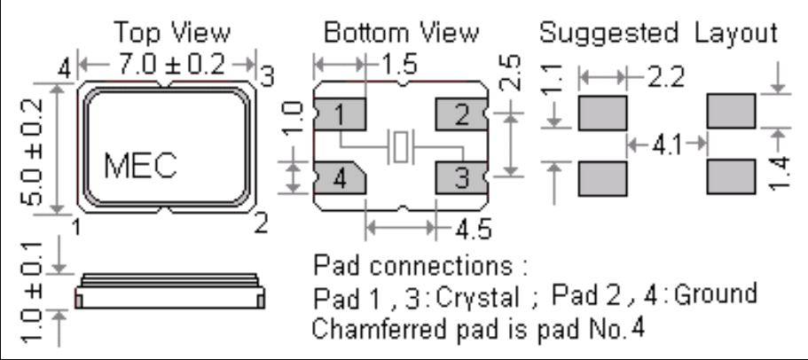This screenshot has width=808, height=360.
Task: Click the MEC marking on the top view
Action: point(140,165)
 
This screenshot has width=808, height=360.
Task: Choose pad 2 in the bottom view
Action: point(460,114)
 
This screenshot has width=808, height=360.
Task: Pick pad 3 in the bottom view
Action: point(460,178)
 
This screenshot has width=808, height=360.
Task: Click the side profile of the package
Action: point(169,293)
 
